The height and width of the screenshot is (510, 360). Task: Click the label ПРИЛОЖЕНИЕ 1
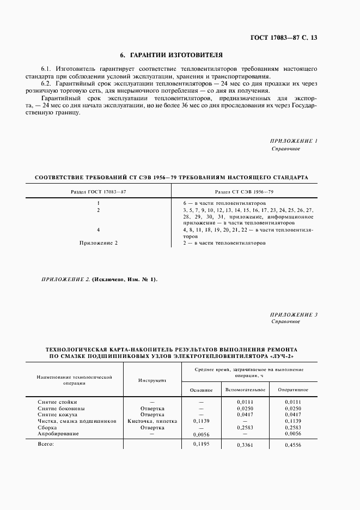click(294, 141)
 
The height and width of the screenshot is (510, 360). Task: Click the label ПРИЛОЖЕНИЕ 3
click(294, 314)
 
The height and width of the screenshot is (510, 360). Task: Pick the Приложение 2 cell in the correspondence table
click(99, 242)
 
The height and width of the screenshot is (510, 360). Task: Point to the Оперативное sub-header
click(293, 390)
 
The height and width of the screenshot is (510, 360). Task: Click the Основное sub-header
click(201, 390)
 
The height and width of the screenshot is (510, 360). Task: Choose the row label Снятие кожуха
click(58, 415)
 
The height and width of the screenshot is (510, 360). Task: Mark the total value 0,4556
click(293, 445)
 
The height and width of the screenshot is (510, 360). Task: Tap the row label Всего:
click(46, 444)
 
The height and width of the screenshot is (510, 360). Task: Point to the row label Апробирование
click(58, 434)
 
